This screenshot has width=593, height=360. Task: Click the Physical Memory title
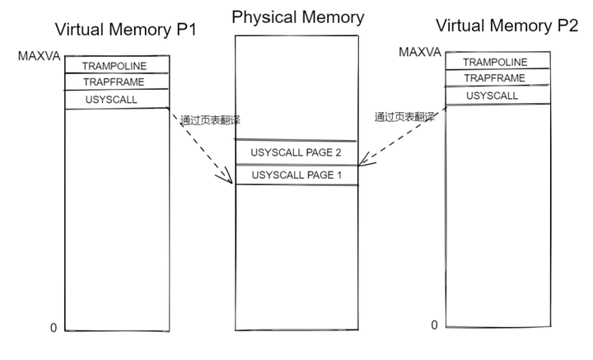pos(296,16)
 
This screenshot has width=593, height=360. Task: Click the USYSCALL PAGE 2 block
pos(296,153)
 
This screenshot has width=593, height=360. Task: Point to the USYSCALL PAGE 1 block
pos(296,175)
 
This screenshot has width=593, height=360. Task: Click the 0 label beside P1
pos(54,328)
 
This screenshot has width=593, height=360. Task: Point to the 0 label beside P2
pos(435,325)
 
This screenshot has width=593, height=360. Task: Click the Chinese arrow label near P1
pos(210,120)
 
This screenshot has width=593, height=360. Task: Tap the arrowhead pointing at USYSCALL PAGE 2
pos(363,161)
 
